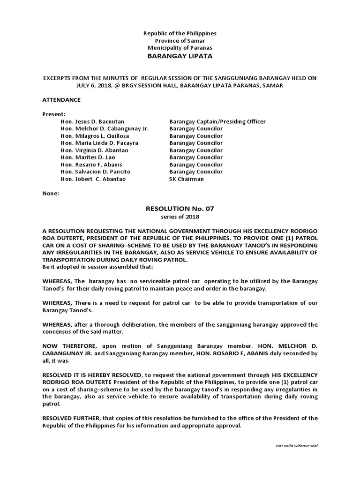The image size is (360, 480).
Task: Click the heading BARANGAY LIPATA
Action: coord(180,56)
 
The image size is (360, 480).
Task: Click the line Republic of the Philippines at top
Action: coord(180,34)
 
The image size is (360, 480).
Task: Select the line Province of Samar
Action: coord(180,41)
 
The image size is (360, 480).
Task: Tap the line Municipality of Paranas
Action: coord(180,48)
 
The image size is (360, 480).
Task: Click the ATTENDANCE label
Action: coord(61,100)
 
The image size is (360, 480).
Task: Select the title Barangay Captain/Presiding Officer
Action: coord(217,121)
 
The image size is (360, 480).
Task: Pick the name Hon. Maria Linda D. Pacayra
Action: coord(99,143)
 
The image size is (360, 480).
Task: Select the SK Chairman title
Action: coord(187,179)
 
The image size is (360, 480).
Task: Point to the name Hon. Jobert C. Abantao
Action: coord(93,179)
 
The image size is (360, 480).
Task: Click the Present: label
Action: coord(53,114)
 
